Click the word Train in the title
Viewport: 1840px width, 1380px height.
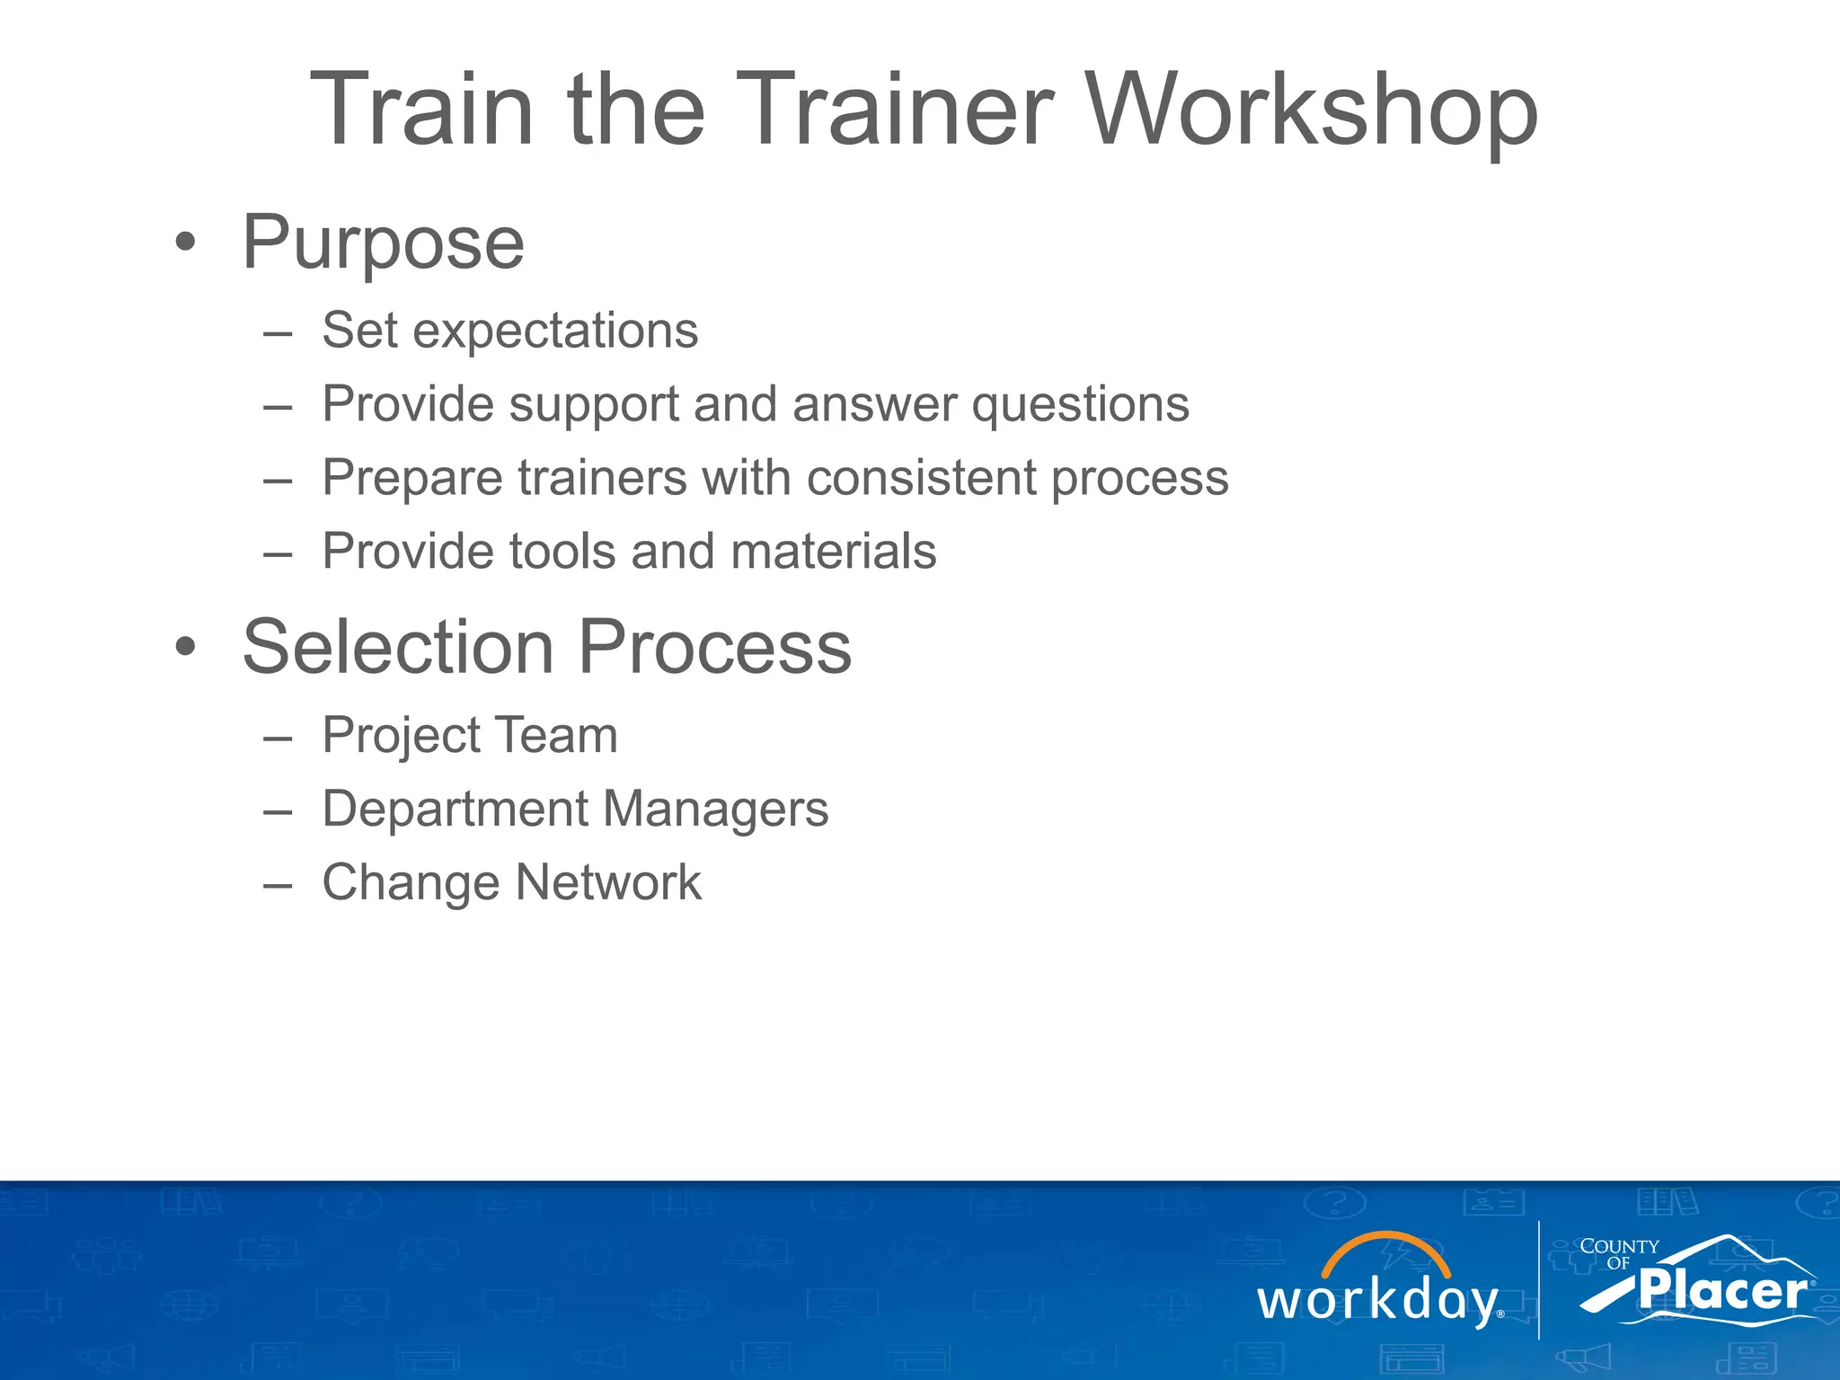tap(422, 110)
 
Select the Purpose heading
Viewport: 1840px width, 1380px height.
tap(384, 243)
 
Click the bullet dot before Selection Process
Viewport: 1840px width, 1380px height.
tap(185, 646)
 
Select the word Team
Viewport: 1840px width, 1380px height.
tap(556, 735)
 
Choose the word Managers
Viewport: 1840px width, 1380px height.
tap(714, 810)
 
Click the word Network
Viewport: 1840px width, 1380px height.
tap(608, 882)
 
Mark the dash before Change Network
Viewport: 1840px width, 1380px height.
tap(278, 885)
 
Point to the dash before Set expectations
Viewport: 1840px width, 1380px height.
tap(278, 333)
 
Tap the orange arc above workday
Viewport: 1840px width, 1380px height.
tap(1385, 1244)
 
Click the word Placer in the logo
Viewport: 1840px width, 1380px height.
tap(1721, 1291)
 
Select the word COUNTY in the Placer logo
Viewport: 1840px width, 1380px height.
tap(1619, 1246)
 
